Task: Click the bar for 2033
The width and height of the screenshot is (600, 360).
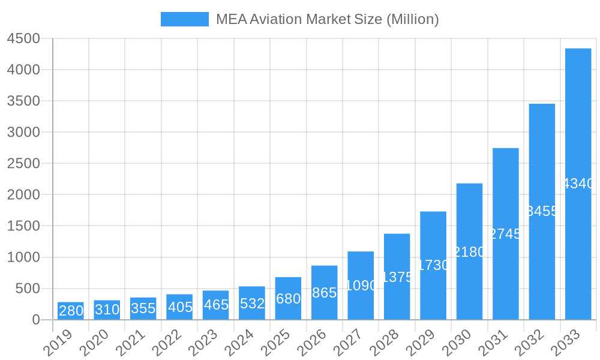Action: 578,184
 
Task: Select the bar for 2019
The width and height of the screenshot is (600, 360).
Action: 71,311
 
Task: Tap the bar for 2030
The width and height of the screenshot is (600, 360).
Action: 469,251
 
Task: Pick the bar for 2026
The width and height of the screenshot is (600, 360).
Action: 324,293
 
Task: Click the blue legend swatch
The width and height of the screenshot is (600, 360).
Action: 185,19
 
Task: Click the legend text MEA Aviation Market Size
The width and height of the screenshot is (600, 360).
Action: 327,19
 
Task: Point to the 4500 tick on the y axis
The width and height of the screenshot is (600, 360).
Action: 23,38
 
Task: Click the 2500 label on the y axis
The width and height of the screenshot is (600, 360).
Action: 23,164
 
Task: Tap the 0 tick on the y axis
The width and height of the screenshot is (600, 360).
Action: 35,320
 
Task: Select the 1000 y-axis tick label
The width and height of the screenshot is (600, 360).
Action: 23,257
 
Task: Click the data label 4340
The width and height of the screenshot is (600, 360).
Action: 578,184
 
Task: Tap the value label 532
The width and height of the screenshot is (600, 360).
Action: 252,304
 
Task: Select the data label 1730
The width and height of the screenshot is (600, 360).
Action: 433,265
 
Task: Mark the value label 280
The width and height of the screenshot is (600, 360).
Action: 71,311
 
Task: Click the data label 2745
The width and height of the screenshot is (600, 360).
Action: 505,234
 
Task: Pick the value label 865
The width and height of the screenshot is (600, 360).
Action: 324,293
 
